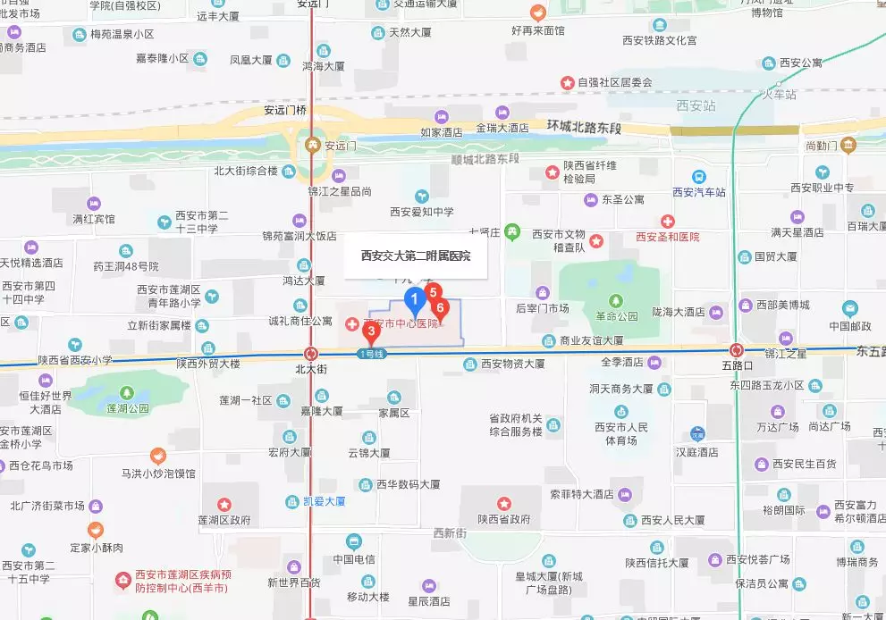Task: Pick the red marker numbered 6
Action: (439, 309)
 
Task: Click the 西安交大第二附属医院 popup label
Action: (416, 256)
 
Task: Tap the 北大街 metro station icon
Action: (310, 354)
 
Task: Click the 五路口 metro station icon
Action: (737, 350)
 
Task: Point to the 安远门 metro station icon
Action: (312, 145)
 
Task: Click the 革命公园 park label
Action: (617, 316)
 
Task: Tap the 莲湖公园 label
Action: (126, 408)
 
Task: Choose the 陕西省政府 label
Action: (504, 519)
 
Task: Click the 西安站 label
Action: (696, 105)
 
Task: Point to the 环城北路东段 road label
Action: (585, 128)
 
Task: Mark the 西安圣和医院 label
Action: (667, 237)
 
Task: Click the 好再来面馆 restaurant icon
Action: (538, 13)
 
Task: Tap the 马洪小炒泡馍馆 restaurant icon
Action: (158, 457)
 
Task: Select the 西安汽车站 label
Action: (699, 191)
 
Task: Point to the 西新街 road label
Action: (450, 533)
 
